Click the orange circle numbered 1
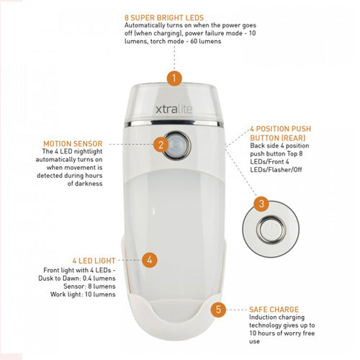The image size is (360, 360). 173,76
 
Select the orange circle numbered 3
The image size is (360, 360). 262,204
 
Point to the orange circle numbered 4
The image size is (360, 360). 149,260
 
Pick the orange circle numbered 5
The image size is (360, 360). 220,310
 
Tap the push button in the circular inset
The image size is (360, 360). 269,228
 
